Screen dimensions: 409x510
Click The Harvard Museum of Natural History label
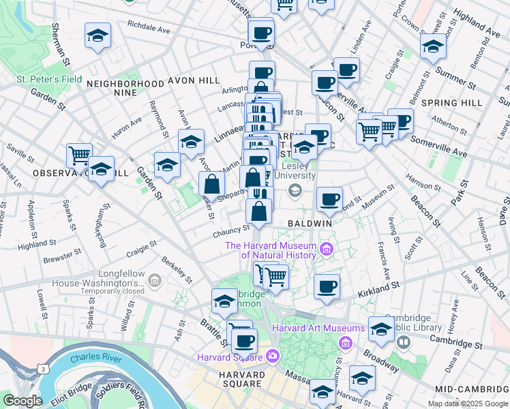tap(271, 250)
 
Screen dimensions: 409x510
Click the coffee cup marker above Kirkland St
tap(327, 286)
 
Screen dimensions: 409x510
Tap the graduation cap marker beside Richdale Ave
tap(97, 36)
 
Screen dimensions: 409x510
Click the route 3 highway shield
tap(43, 368)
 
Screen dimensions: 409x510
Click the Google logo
tap(22, 401)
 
